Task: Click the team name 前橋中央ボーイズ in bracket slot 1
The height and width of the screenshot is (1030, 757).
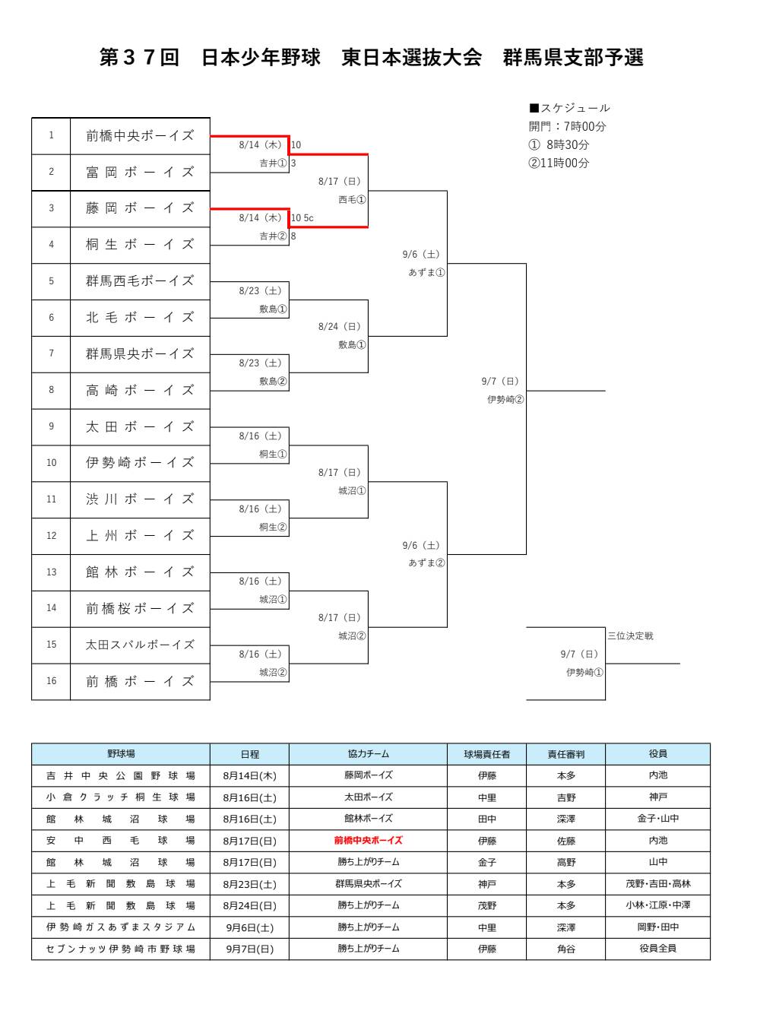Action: [x=140, y=136]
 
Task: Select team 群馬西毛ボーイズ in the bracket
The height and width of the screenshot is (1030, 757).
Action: [x=140, y=281]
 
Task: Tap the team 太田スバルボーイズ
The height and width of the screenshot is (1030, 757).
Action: [x=140, y=645]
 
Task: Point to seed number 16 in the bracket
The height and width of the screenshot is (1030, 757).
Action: [x=51, y=681]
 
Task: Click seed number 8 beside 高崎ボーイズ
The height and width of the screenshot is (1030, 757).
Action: [x=51, y=390]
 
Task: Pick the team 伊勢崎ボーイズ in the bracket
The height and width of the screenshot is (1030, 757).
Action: [x=140, y=463]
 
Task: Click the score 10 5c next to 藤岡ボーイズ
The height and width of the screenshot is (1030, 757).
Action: [x=302, y=218]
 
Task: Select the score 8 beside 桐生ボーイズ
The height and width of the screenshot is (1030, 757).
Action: [x=293, y=236]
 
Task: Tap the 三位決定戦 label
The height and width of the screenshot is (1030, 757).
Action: [x=630, y=636]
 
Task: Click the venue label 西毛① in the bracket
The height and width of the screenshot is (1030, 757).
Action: [x=352, y=200]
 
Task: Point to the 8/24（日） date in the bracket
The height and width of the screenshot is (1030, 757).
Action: [x=340, y=327]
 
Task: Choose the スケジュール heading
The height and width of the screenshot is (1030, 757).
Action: [x=569, y=108]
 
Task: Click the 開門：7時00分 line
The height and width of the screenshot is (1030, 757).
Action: [x=567, y=126]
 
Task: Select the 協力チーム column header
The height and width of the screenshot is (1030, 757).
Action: [x=368, y=754]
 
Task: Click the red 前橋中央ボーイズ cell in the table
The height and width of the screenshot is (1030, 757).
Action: [x=368, y=841]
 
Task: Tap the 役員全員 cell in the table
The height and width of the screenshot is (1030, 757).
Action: [x=657, y=949]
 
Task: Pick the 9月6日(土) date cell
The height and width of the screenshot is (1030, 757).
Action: [x=249, y=927]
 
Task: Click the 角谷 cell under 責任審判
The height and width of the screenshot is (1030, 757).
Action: [x=566, y=949]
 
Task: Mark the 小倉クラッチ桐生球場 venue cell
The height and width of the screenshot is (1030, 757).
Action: [x=121, y=797]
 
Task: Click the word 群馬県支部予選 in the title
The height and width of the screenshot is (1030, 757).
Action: [x=573, y=58]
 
